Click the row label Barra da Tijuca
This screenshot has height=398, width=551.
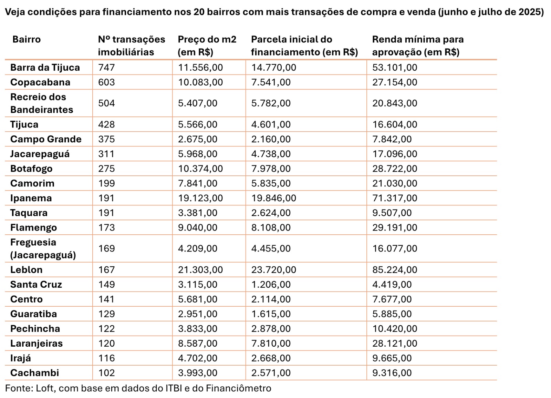coord(45,68)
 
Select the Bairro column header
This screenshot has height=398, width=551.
coord(27,39)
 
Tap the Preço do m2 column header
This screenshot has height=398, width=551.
coord(207,45)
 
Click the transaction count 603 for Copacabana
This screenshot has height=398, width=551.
coord(106,82)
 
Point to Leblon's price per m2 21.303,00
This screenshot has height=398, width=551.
coord(200,270)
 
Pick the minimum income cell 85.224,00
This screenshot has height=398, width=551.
coord(394,270)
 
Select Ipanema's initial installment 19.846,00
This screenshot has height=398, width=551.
coord(273,198)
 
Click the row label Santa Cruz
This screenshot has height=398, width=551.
coord(36,285)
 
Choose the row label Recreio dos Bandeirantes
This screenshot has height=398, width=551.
coord(41,103)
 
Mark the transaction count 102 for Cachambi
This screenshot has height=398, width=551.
coord(106,373)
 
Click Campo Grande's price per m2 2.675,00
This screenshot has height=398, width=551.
coord(197,139)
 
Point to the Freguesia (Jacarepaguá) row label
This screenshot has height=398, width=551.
coord(43,248)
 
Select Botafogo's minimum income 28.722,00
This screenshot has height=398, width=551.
coord(394,169)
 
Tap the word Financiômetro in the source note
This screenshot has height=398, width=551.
coord(238,388)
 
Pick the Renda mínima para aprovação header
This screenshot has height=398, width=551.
coord(417,45)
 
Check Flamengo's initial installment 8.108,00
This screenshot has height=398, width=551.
coord(271,228)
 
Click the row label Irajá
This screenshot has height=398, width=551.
coord(20,358)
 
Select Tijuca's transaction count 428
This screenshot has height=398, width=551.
coord(106,124)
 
